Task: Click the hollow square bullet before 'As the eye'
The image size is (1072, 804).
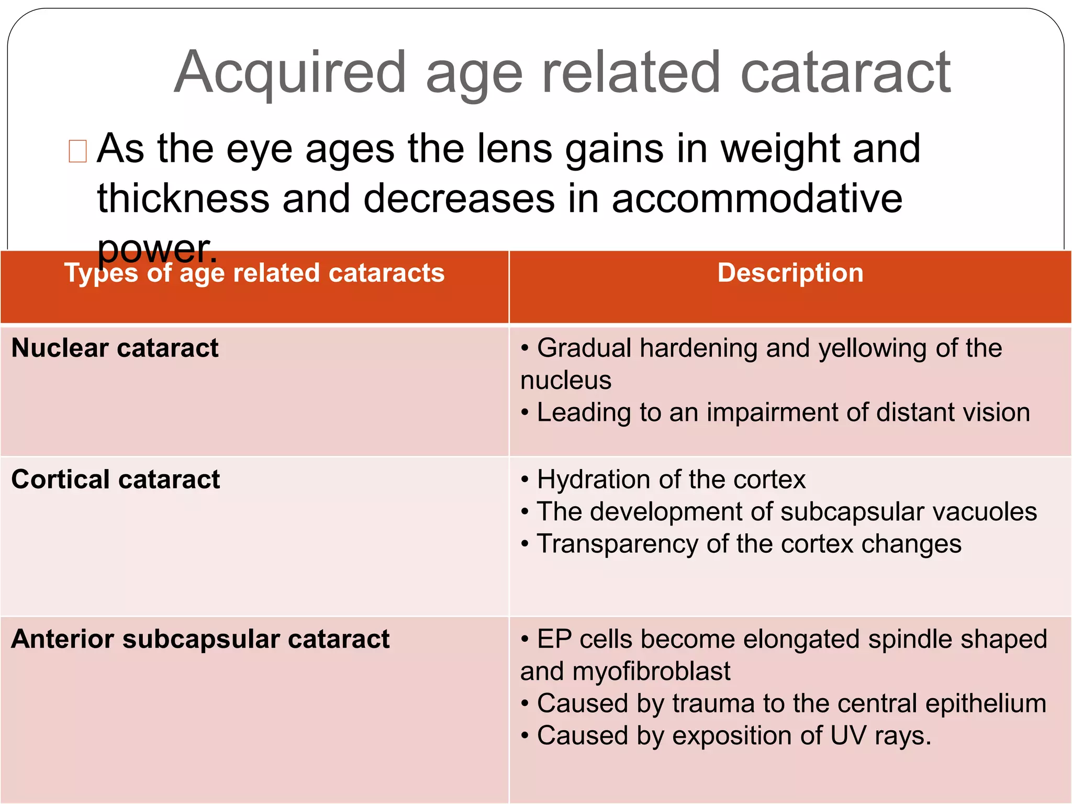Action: (77, 151)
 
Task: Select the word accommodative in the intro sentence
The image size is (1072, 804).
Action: (757, 199)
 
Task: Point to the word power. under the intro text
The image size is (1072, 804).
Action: (157, 249)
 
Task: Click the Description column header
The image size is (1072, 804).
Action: (790, 273)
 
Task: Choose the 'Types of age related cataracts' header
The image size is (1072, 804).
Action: (254, 273)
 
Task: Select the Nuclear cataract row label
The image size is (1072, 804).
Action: (115, 348)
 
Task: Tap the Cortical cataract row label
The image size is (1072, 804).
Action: (116, 479)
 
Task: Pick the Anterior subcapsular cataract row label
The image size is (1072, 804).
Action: (200, 639)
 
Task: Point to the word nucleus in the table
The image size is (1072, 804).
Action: (566, 380)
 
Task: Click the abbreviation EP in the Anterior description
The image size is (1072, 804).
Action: (554, 639)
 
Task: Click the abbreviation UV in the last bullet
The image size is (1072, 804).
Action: (848, 735)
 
